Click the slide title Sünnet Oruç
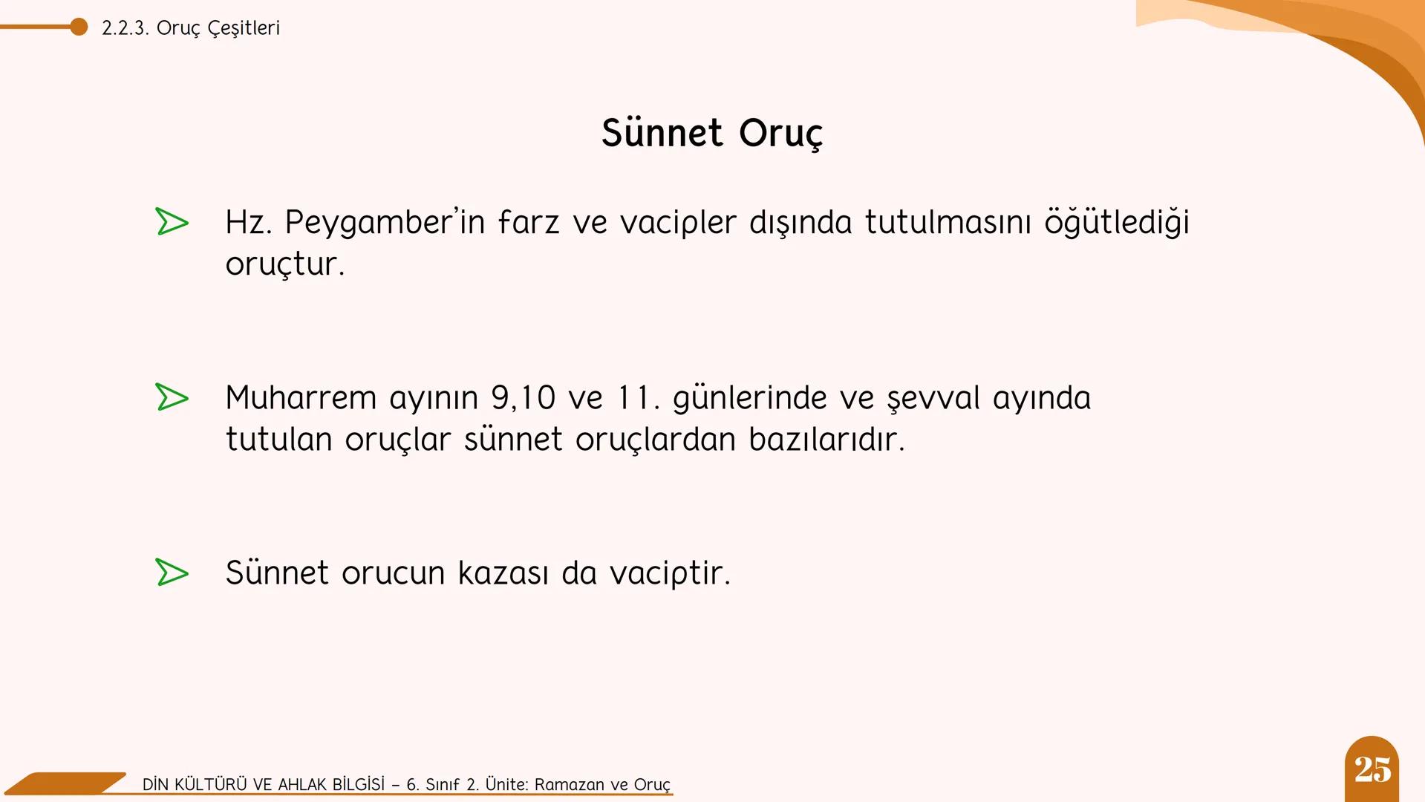711,134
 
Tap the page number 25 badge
1372,769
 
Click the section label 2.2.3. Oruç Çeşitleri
191,28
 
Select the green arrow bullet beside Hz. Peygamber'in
172,222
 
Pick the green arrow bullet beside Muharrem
172,397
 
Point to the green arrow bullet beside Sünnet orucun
172,573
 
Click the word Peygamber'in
384,223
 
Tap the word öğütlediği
1116,223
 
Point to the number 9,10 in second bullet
523,398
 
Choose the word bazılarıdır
826,440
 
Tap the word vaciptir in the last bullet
670,573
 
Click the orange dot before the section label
79,27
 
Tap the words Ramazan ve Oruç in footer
602,785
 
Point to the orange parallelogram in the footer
67,783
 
